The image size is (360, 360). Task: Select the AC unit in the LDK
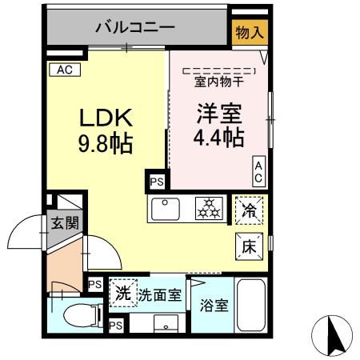[x=64, y=70]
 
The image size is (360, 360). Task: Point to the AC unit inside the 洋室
[x=259, y=170]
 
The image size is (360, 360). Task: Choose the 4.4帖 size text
[x=218, y=137]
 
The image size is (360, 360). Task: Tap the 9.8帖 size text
[x=105, y=146]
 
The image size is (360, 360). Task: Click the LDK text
[x=105, y=118]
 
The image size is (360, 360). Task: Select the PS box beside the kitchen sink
[x=154, y=182]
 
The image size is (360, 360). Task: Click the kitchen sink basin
[x=166, y=210]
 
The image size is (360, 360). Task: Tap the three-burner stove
[x=211, y=210]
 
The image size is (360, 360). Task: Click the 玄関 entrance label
[x=65, y=223]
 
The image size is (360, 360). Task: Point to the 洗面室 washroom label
[x=159, y=294]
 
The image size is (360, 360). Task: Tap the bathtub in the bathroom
[x=252, y=307]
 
